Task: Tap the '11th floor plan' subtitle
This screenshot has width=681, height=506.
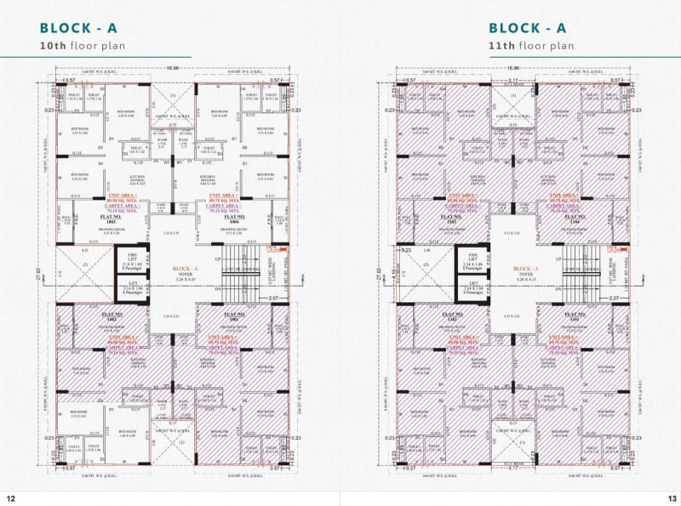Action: [531, 45]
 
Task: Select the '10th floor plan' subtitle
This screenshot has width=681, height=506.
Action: [83, 45]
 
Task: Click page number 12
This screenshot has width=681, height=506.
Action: [10, 498]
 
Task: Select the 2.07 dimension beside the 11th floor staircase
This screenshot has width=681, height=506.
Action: [614, 298]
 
